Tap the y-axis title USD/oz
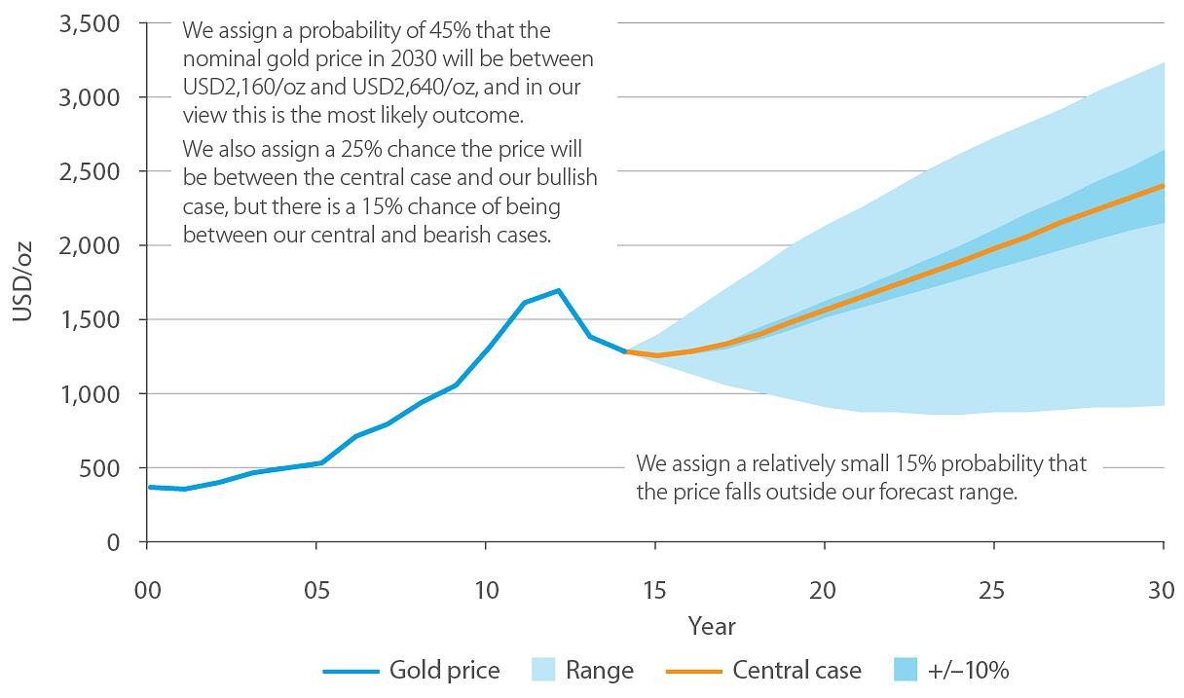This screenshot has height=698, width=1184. coord(22,282)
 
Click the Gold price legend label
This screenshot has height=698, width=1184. coord(444,671)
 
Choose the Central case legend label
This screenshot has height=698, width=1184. coord(796,671)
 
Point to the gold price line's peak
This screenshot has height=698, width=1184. coord(558,290)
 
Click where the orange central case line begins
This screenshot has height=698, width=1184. coord(626,351)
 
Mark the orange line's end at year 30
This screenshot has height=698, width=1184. coord(1164,185)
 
